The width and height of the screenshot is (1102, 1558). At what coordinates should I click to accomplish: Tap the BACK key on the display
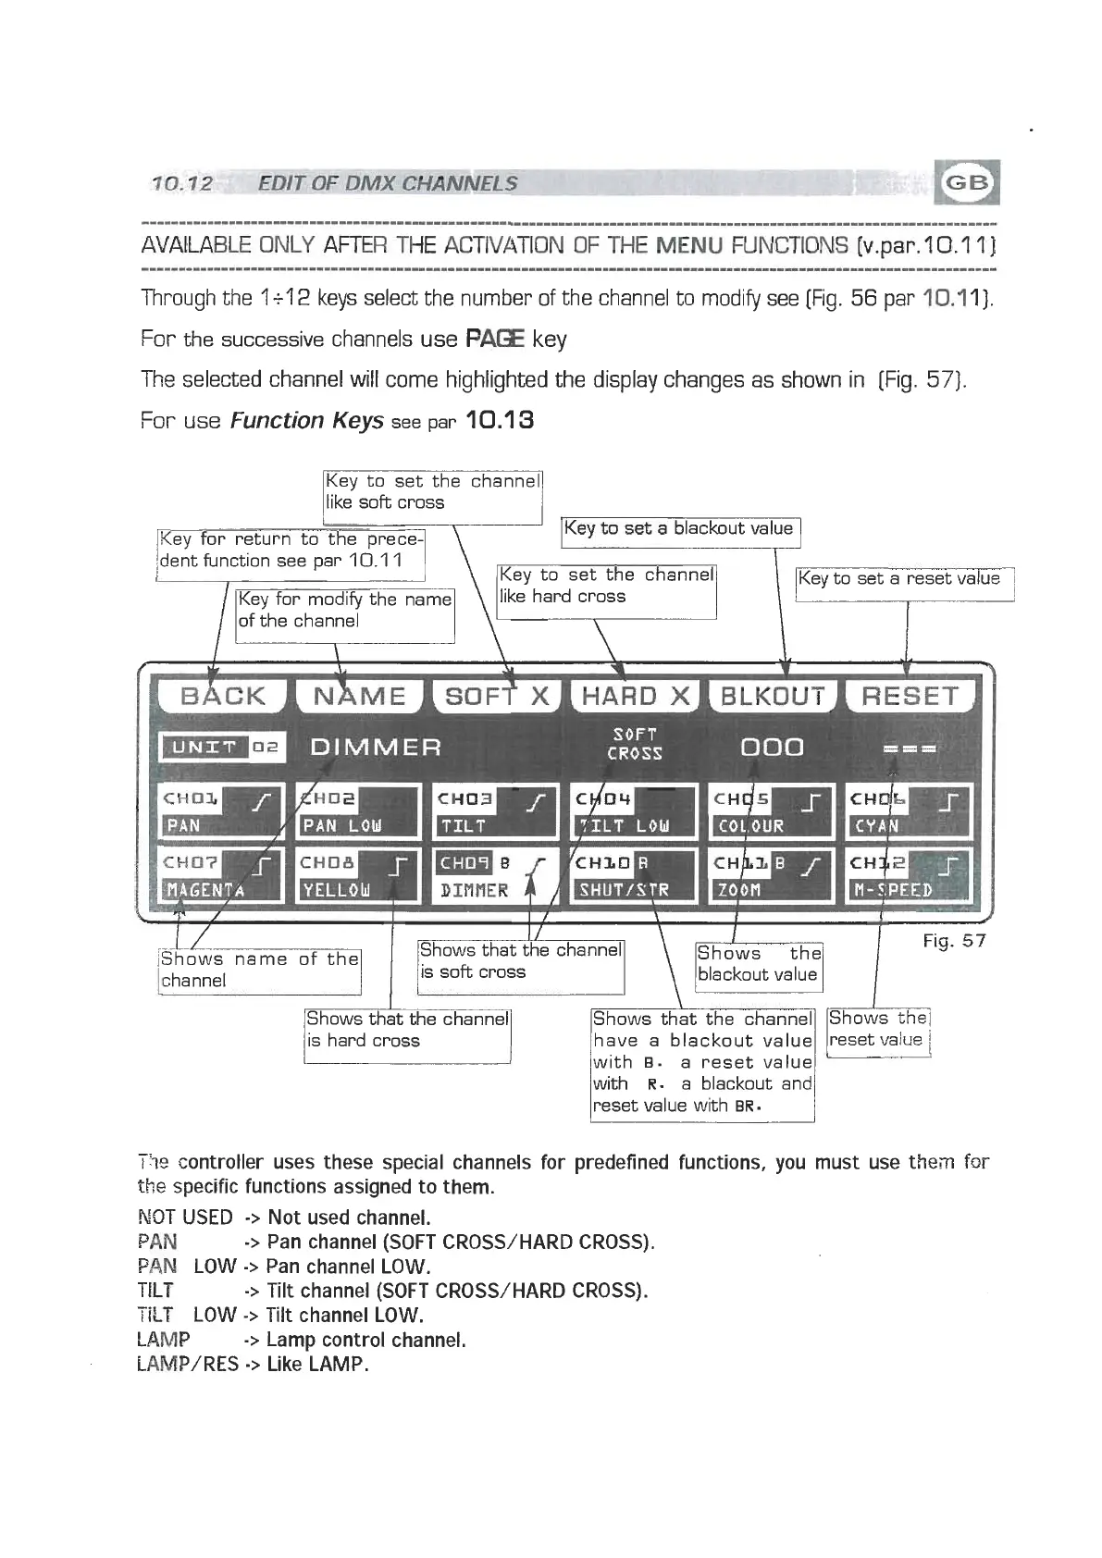[x=223, y=696]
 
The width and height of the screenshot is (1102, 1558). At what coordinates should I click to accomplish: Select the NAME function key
[x=359, y=696]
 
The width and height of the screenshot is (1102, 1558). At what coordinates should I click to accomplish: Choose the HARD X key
[x=636, y=696]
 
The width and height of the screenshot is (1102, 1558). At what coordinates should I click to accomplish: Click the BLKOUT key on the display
[x=773, y=696]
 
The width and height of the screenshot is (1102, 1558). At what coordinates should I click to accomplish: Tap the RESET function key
[x=910, y=696]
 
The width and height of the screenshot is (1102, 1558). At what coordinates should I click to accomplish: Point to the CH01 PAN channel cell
[x=221, y=811]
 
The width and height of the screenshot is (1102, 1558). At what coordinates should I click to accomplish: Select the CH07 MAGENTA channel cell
[x=221, y=876]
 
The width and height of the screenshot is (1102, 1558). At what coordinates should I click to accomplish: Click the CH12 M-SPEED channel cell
[x=910, y=876]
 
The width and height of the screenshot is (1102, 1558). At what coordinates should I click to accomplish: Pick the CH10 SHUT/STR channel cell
[x=635, y=876]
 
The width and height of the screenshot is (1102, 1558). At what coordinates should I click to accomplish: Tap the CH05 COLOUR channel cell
[x=773, y=811]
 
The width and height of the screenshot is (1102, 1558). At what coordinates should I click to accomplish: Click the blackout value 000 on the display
[x=773, y=747]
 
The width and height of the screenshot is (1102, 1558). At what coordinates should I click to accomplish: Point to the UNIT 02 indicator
[x=223, y=747]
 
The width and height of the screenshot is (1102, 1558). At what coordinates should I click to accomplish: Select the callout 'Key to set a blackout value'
[x=680, y=529]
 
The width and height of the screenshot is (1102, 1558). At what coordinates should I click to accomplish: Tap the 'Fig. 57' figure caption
[x=954, y=941]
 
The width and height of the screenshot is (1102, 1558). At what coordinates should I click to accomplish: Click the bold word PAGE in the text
[x=494, y=340]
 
